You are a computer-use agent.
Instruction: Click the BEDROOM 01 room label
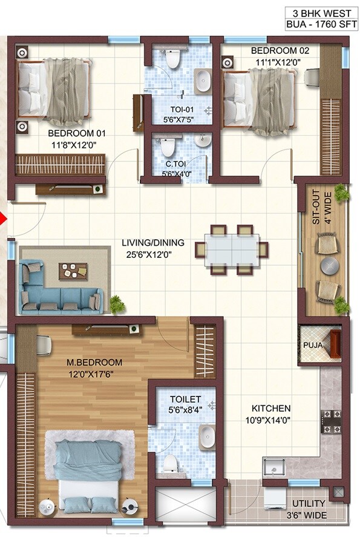coord(71,133)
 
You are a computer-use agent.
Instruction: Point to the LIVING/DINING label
coord(148,243)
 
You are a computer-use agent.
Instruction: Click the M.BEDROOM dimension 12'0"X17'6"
coord(94,374)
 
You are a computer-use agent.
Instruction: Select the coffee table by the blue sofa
coord(73,271)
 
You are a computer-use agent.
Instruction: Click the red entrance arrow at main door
coord(3,219)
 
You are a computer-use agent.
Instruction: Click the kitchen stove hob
coord(330,417)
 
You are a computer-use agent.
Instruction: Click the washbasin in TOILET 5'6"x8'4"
coord(207,434)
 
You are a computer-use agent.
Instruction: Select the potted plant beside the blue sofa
coord(117,303)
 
